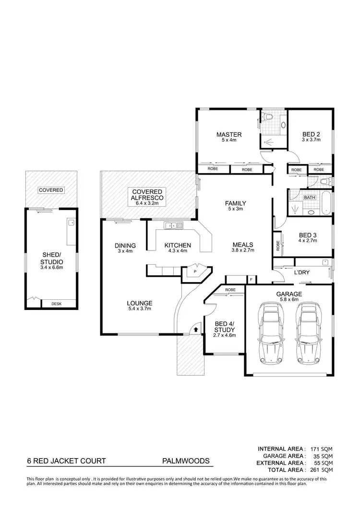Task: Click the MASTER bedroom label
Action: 228,134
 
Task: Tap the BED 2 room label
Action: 311,134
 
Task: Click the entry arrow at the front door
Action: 195,330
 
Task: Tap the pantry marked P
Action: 195,271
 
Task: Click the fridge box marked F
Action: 251,280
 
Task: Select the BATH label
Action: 310,197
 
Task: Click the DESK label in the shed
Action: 59,304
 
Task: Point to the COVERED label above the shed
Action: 51,190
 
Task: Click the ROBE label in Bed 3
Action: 277,245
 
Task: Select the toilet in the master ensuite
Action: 268,117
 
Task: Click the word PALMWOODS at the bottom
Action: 186,461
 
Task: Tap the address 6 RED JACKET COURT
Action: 66,461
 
